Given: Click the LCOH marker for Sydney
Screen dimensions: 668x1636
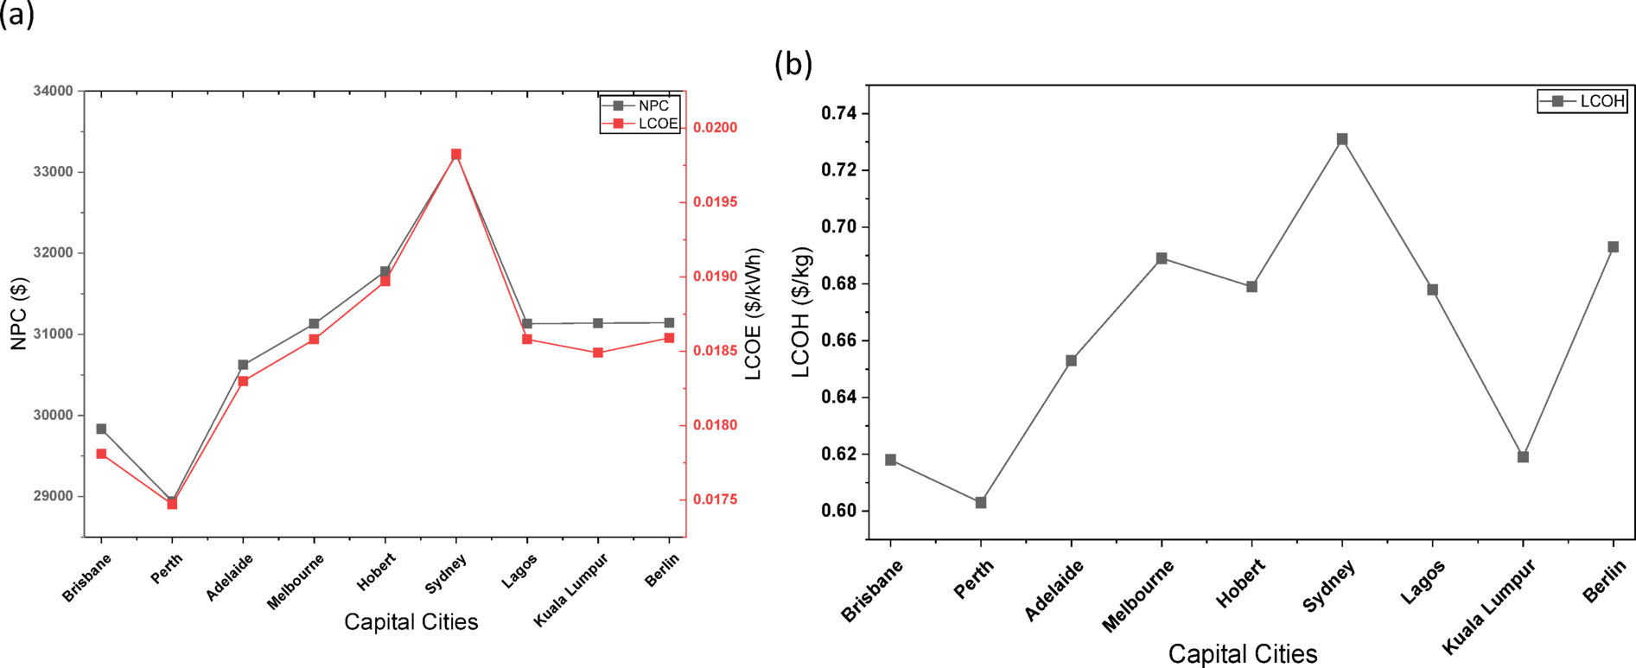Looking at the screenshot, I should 1342,139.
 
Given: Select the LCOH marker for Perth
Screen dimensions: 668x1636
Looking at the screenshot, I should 981,502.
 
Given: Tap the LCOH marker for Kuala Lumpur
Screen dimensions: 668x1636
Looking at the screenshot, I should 1523,456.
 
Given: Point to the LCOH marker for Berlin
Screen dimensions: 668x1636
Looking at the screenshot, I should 1613,247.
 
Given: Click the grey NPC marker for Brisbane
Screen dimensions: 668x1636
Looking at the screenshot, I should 101,429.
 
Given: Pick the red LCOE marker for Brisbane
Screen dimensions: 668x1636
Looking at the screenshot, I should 101,454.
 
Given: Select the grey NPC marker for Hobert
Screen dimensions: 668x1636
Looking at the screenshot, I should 385,271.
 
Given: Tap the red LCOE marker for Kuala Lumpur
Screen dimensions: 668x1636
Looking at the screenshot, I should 598,353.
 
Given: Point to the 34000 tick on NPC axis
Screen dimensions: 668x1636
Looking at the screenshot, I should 53,91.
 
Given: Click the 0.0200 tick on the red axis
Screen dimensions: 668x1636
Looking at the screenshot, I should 716,128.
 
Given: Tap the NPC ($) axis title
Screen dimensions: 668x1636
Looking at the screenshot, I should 19,313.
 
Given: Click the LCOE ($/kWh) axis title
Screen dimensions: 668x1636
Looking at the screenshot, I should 754,314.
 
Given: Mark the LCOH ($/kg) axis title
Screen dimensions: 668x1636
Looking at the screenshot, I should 801,312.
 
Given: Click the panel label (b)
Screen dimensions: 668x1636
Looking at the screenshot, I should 793,63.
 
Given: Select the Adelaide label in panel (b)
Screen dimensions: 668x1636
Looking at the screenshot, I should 1054,590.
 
